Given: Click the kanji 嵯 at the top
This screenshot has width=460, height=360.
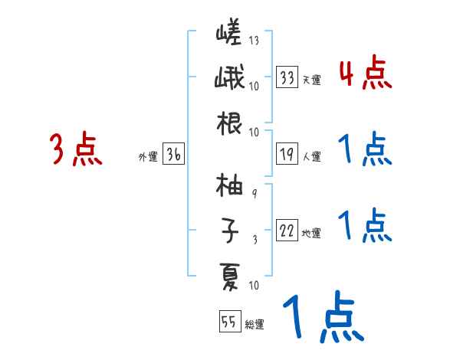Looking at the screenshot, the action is tap(229, 34).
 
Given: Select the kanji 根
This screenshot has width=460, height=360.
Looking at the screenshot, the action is tap(229, 123).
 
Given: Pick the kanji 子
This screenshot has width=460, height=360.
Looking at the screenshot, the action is tap(229, 229).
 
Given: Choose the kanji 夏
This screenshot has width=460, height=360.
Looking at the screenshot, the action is tap(229, 274).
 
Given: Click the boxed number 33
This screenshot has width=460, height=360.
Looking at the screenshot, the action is tap(287, 77).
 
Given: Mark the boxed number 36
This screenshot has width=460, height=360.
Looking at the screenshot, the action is tap(173, 155).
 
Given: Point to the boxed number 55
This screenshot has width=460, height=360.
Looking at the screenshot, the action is tap(228, 322).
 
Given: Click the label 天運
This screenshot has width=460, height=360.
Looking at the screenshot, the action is tap(311, 79).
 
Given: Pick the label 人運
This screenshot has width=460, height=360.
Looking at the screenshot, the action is tap(311, 157).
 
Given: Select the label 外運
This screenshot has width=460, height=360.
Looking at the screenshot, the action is tap(147, 157).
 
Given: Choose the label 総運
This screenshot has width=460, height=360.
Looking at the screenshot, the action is tap(254, 324).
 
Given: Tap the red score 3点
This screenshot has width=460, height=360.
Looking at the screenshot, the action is tap(75, 149).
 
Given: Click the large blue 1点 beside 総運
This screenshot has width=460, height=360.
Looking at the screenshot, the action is tap(321, 318).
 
